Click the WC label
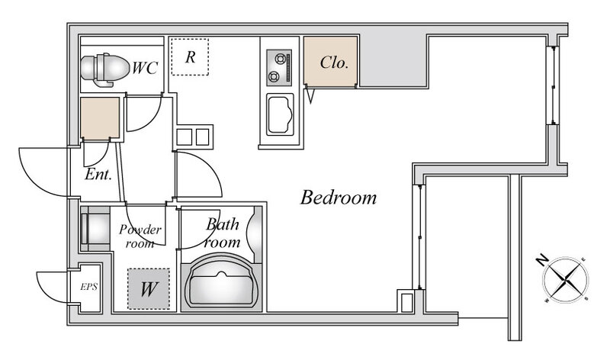(x=145, y=68)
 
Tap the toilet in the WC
(x=104, y=69)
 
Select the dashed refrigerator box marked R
(x=190, y=56)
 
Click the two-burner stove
(x=279, y=68)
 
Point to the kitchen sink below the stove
(x=280, y=114)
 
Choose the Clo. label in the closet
(x=334, y=63)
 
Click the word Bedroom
(x=339, y=198)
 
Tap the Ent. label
(x=98, y=174)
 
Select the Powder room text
(x=140, y=236)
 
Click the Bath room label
(x=222, y=233)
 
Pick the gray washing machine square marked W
(x=149, y=289)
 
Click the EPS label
(x=88, y=287)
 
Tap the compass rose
(x=566, y=280)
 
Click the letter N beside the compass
(x=541, y=260)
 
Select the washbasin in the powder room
(x=95, y=229)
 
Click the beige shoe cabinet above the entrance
(x=100, y=118)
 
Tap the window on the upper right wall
(x=552, y=85)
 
